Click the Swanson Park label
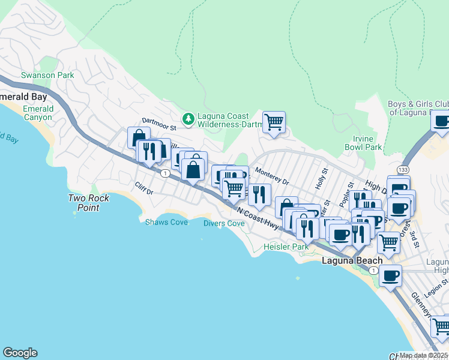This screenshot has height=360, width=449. [x=47, y=76]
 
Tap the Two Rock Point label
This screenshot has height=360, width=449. [x=83, y=203]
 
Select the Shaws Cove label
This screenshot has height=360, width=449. [x=166, y=222]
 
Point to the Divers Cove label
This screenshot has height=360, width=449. [x=223, y=223]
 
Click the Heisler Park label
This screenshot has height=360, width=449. [x=286, y=247]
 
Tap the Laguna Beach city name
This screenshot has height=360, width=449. [x=352, y=260]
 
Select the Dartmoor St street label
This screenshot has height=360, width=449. [x=158, y=127]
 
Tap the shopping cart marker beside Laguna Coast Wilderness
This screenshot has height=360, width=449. [x=274, y=122]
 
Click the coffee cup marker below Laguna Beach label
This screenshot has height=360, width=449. [x=391, y=276]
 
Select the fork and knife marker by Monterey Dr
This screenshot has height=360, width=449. [x=259, y=194]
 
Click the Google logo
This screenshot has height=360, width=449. [x=20, y=352]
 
